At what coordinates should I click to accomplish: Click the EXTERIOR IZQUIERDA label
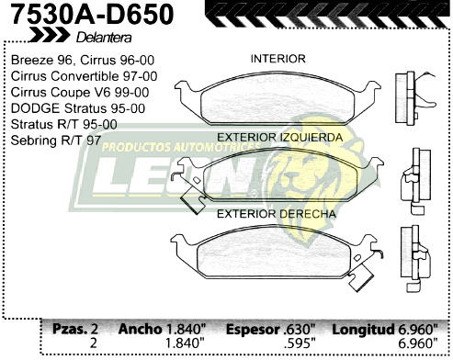click(280, 138)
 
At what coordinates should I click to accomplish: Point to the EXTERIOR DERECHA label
click(276, 215)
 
